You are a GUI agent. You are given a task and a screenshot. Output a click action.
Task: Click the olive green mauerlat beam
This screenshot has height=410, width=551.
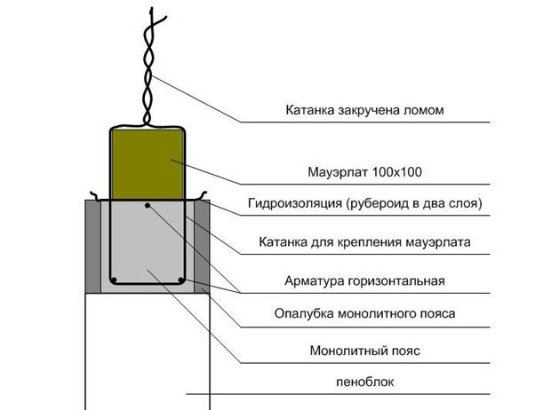click(x=147, y=164)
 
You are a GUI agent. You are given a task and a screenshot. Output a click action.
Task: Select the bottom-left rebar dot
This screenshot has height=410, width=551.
click(x=115, y=280)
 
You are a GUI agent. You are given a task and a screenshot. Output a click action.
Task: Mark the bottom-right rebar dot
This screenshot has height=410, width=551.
click(x=180, y=280)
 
